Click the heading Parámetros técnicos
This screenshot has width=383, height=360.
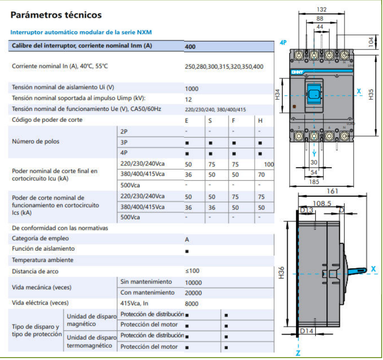[56, 15]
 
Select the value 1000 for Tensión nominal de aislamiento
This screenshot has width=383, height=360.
[191, 89]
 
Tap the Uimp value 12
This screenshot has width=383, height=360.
[188, 99]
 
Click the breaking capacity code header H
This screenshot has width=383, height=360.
[260, 121]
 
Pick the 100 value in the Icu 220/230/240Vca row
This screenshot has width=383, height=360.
[269, 164]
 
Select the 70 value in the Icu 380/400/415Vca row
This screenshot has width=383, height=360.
[261, 175]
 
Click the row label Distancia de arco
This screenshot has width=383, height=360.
[35, 271]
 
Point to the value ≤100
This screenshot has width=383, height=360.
[192, 271]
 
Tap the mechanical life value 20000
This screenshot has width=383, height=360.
[193, 293]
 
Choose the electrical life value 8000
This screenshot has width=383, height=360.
[191, 304]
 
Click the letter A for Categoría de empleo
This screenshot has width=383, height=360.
[187, 240]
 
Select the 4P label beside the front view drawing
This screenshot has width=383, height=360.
[283, 43]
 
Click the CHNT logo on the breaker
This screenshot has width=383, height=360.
[297, 72]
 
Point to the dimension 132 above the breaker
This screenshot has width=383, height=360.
[321, 9]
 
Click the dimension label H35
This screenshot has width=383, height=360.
[371, 94]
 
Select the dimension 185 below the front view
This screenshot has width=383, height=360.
[314, 182]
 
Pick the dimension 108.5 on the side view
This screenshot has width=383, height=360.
[322, 203]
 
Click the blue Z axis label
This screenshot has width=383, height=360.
[298, 353]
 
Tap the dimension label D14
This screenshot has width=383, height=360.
[306, 331]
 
